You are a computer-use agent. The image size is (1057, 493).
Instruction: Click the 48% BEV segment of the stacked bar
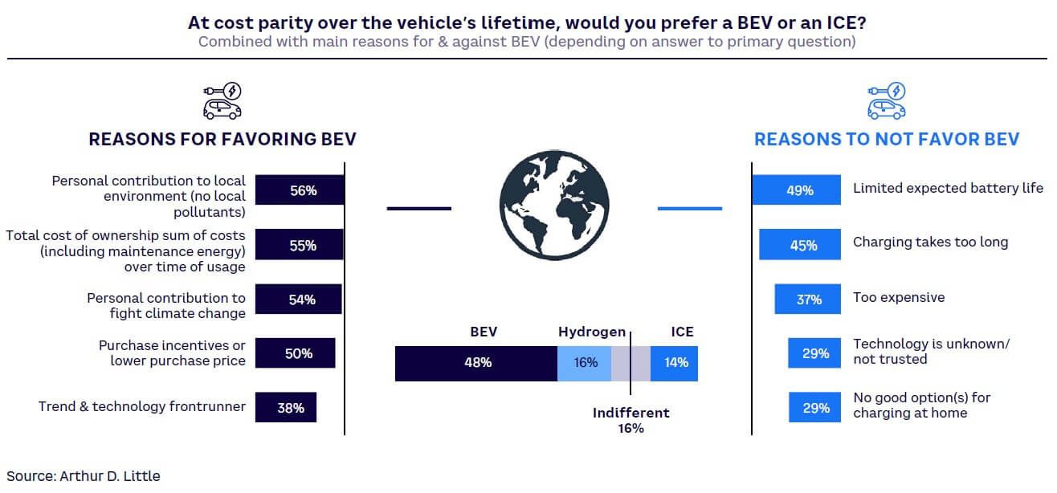click(476, 363)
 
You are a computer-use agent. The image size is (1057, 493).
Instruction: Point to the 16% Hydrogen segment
click(585, 363)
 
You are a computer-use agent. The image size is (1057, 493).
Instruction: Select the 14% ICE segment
click(675, 363)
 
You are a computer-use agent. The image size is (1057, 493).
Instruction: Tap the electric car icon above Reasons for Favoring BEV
click(222, 100)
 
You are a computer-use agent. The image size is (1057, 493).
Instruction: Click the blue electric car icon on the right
click(887, 100)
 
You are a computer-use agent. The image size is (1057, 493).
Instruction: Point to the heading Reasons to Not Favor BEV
click(887, 140)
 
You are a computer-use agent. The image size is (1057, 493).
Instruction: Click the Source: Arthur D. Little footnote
click(84, 475)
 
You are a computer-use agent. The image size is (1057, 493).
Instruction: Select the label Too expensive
click(898, 297)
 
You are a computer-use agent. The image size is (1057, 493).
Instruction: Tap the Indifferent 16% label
click(631, 420)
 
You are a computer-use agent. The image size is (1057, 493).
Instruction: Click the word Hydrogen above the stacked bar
click(592, 332)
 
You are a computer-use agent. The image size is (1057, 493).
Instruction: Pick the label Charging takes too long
click(930, 242)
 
